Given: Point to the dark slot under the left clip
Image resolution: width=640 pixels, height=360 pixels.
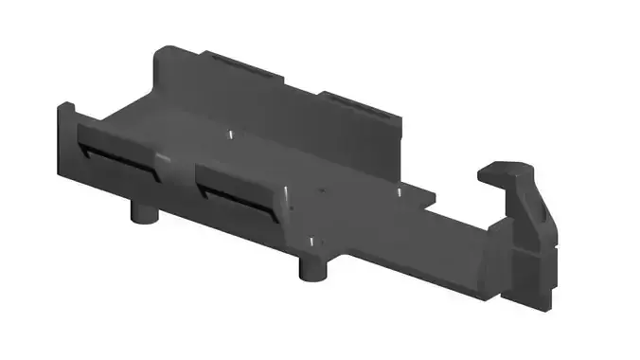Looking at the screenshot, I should [x=114, y=162].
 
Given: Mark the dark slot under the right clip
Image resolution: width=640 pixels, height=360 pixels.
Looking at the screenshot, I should [x=236, y=204].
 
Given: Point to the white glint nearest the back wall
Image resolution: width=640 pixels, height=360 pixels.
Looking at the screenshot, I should [x=230, y=134].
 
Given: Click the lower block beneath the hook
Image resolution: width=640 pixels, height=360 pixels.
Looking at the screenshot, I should [x=530, y=275].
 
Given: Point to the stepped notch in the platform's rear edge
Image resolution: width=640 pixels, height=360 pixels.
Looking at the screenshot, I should [x=426, y=198].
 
